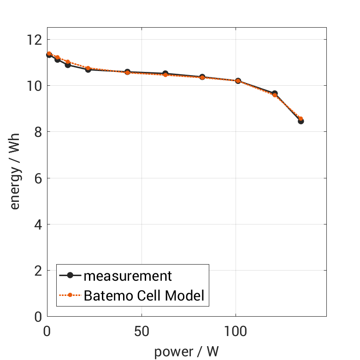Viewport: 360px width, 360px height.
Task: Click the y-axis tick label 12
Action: click(x=35, y=40)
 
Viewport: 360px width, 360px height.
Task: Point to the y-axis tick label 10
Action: click(x=35, y=86)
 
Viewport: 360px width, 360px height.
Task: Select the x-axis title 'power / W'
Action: click(x=187, y=351)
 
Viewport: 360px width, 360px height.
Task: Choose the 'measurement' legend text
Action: click(x=128, y=276)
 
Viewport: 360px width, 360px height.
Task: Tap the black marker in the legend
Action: click(x=70, y=276)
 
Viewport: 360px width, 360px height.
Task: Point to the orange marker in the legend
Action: click(x=70, y=295)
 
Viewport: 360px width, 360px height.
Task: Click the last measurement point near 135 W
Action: click(x=301, y=121)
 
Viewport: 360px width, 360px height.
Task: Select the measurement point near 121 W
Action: click(x=275, y=94)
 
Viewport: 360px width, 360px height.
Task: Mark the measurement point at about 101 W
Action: click(x=238, y=81)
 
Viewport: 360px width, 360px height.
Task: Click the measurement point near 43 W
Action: click(x=127, y=72)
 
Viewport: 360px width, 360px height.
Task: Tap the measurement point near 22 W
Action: click(x=88, y=69)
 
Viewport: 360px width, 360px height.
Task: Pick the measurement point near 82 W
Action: click(x=202, y=77)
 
